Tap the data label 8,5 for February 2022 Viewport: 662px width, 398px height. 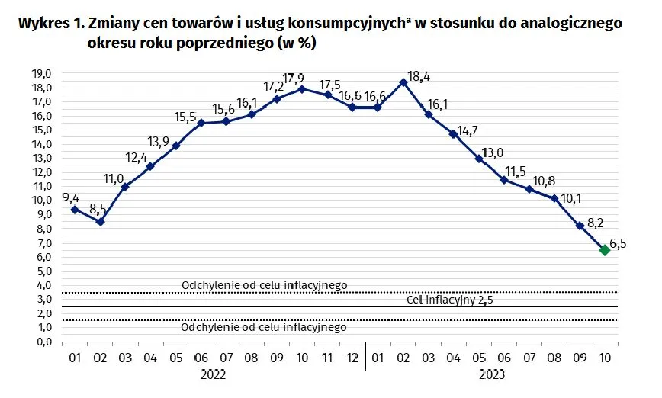click(x=97, y=207)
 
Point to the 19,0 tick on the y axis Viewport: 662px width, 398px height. click(x=40, y=73)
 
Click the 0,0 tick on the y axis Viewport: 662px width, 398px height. click(x=40, y=342)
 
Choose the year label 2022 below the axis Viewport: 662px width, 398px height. click(x=214, y=374)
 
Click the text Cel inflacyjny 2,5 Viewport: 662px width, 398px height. click(x=450, y=300)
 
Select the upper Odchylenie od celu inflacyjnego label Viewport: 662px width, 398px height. click(x=264, y=285)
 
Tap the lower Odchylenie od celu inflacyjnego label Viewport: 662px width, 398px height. click(x=264, y=327)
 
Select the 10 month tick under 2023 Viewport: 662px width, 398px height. click(x=604, y=357)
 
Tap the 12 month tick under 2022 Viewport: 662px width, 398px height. click(x=352, y=357)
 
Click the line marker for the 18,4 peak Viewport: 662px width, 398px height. click(x=403, y=82)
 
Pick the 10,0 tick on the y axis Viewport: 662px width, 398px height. click(x=40, y=201)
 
